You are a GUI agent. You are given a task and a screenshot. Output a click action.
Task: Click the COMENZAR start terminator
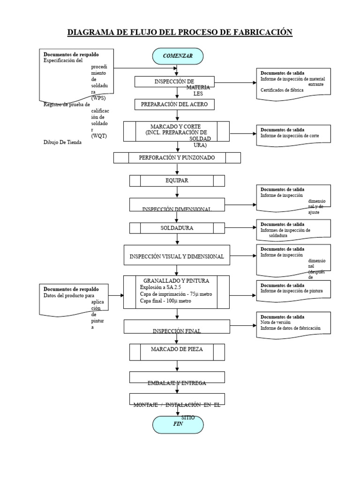pos(178,56)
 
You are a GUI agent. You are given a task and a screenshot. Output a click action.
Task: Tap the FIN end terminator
pos(178,424)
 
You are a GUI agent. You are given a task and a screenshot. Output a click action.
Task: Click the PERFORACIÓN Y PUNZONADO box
pos(177,158)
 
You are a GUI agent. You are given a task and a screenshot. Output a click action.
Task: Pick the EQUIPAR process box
pos(177,180)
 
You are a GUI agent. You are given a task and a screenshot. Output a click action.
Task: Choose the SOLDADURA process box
pos(177,228)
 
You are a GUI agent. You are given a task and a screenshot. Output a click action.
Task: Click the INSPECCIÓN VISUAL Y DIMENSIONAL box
pos(177,257)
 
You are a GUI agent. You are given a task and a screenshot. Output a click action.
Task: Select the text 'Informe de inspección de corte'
pos(290,136)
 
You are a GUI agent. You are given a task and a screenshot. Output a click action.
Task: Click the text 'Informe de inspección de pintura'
pos(292,291)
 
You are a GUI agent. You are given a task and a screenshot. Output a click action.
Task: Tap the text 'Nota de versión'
pos(276,322)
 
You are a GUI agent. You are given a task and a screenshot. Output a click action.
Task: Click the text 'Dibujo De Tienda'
pos(62,143)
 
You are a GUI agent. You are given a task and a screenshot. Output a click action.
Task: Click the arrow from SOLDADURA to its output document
pos(240,228)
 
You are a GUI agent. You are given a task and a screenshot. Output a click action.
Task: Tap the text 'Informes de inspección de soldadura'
pos(285,233)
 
